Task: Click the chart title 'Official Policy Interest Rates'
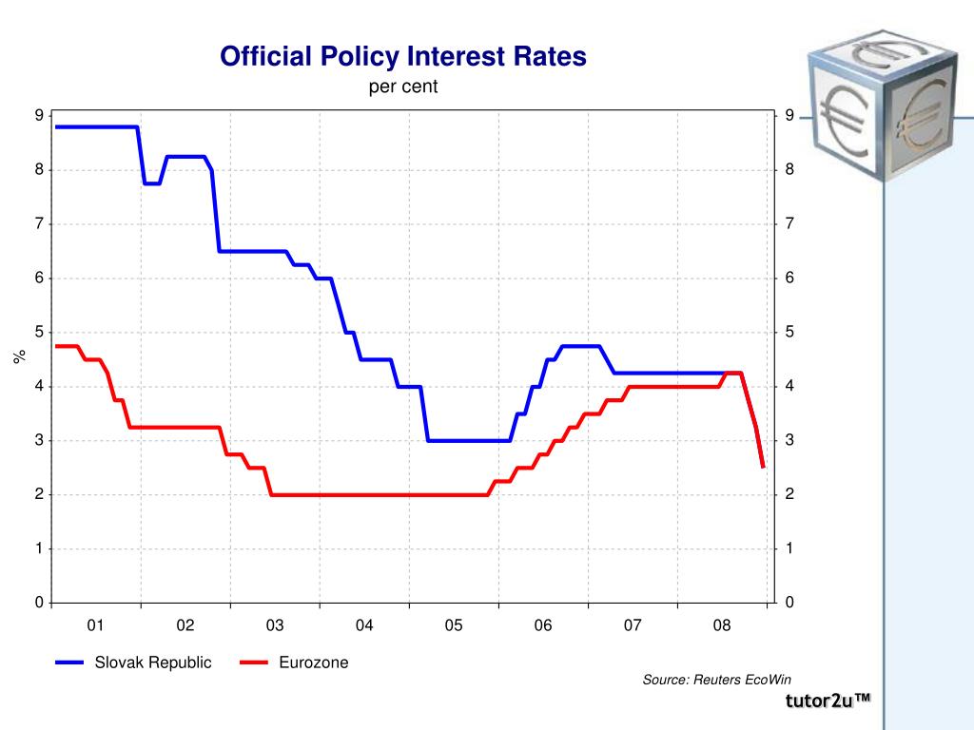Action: click(x=403, y=57)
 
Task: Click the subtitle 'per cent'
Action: click(x=403, y=86)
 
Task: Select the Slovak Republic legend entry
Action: click(x=133, y=663)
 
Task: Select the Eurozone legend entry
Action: click(x=295, y=663)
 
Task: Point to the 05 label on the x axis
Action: click(x=454, y=625)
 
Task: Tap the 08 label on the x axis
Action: click(x=722, y=625)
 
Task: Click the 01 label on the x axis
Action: click(x=95, y=625)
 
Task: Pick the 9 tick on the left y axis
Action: click(x=40, y=115)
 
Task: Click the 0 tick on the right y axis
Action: click(x=789, y=602)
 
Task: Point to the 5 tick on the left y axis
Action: click(x=40, y=332)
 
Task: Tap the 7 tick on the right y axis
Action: click(x=789, y=223)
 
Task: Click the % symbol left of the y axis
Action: click(x=19, y=356)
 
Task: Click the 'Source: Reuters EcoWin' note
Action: click(x=717, y=680)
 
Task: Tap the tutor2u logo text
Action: click(x=828, y=701)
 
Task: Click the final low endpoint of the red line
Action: click(x=763, y=467)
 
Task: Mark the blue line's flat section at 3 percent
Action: click(x=469, y=441)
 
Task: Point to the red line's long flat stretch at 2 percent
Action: click(x=379, y=494)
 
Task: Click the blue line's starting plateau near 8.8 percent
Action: click(x=96, y=127)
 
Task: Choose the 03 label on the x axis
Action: click(x=275, y=625)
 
